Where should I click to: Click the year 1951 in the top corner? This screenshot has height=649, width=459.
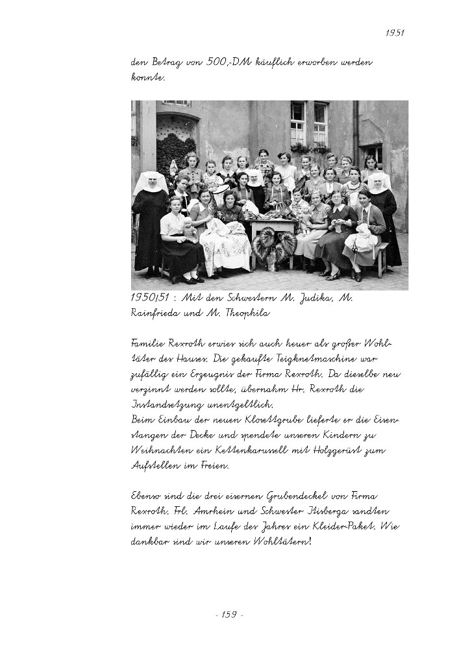[395, 32]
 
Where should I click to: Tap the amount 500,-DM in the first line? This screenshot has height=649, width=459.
[224, 63]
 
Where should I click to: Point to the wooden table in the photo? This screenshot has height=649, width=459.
[273, 227]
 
